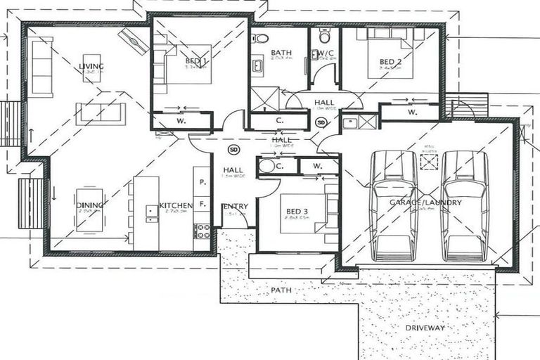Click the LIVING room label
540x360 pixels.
pos(91,67)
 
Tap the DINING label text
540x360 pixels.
pos(91,205)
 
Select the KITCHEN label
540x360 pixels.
pos(175,205)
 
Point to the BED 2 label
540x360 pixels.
pos(390,62)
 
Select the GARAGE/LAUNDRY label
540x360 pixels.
pos(425,202)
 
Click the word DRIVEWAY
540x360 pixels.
pos(425,328)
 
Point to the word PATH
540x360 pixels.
pos(282,289)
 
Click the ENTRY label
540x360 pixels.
pos(235,206)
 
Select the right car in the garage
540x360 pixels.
pos(464,205)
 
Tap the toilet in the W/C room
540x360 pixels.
pos(324,35)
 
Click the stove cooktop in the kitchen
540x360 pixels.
pos(202,230)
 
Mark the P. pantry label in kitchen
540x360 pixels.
pos(202,182)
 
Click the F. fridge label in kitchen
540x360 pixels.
pos(202,203)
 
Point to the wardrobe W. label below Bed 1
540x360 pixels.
pos(181,121)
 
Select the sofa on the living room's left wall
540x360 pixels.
pos(42,67)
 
